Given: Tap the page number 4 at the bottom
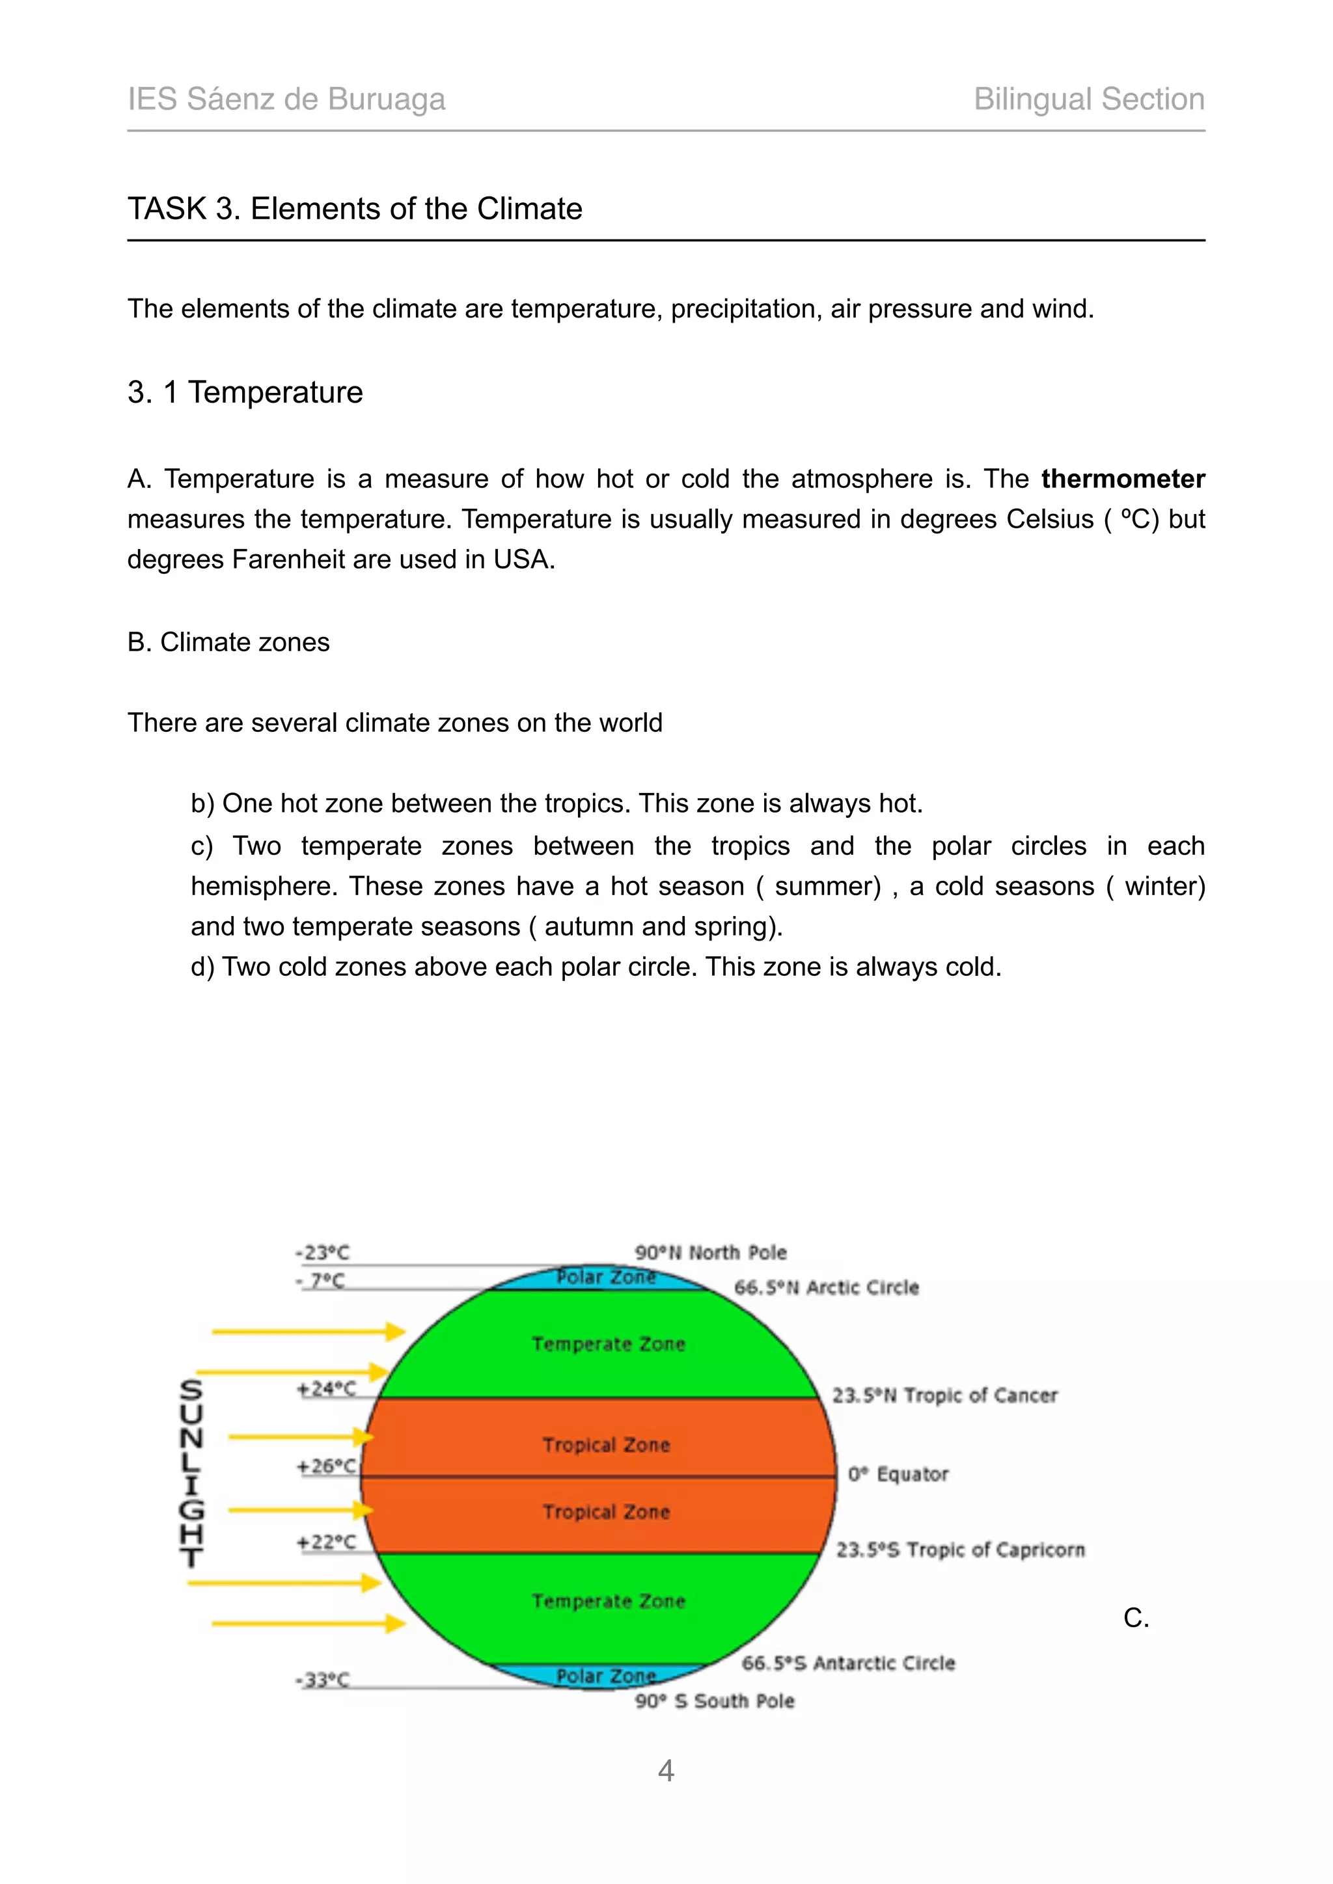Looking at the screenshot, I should [666, 1770].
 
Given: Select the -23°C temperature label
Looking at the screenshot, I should [323, 1253].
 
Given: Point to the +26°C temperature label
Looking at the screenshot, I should [327, 1466].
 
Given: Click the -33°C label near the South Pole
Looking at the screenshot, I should [323, 1680].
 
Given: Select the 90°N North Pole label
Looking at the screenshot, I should [710, 1252].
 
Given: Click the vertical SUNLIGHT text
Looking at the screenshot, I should [191, 1473].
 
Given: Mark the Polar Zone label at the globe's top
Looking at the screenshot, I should [606, 1277].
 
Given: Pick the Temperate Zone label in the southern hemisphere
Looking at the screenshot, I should [608, 1601].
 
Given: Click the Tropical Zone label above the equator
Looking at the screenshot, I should [606, 1444].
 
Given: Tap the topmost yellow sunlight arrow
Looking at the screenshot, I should [308, 1331].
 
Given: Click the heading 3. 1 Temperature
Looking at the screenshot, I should [245, 392].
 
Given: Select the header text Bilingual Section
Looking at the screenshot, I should [1088, 100].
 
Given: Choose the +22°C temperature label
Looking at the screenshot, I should [327, 1542].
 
